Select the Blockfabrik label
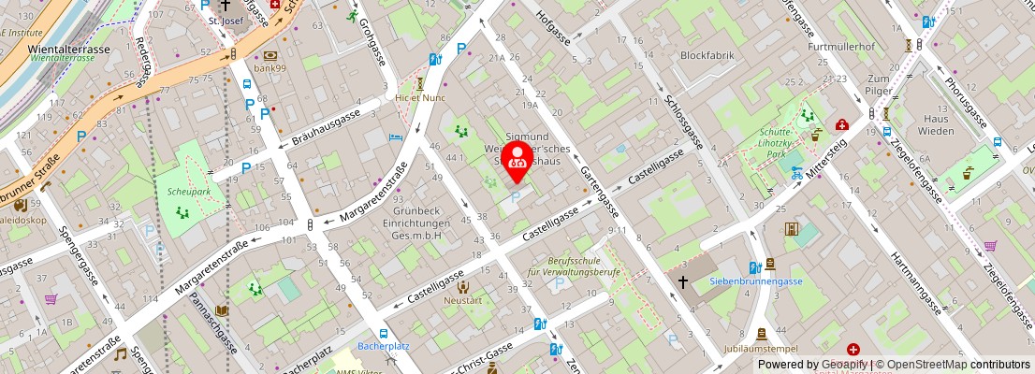pos(707,55)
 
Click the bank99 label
pos(270,68)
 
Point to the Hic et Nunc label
pos(419,96)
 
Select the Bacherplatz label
pos(385,347)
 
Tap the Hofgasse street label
pos(552,25)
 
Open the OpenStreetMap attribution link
pos(926,365)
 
